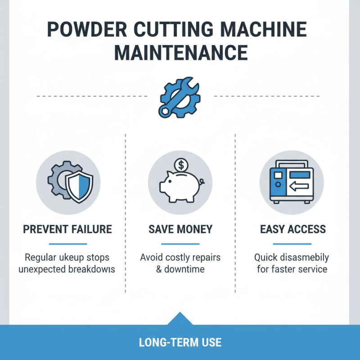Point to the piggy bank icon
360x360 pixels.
[179, 187]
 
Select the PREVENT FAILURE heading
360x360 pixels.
[67, 229]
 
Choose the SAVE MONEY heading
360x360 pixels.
[180, 229]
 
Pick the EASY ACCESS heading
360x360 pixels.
[293, 229]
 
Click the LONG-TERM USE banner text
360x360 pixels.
[180, 342]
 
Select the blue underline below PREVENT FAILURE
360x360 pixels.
[67, 243]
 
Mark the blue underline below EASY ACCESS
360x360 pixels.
[293, 243]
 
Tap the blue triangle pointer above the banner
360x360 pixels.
[180, 318]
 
